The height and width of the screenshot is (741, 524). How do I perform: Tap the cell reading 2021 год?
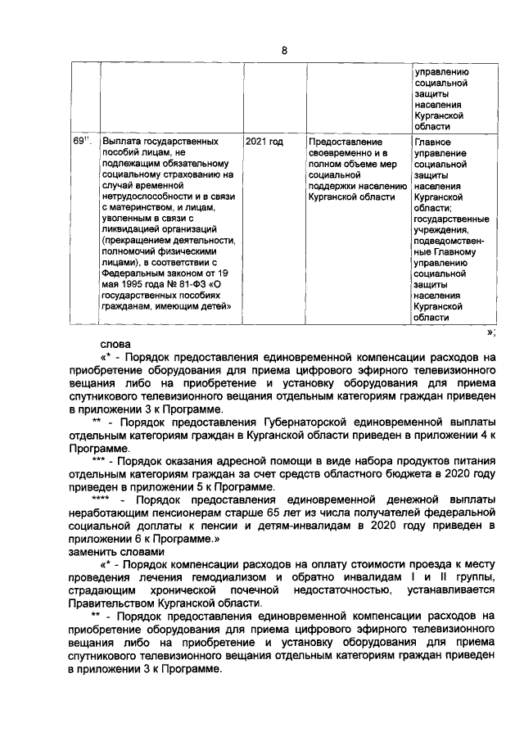pyautogui.click(x=264, y=142)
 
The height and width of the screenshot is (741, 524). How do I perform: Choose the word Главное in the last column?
pyautogui.click(x=434, y=142)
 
